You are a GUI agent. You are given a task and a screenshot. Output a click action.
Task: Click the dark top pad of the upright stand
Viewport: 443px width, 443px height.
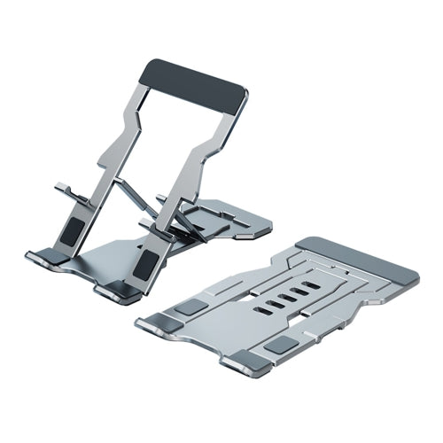tap(196, 83)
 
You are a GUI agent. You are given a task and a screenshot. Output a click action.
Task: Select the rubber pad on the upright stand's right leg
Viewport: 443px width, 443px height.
tap(150, 265)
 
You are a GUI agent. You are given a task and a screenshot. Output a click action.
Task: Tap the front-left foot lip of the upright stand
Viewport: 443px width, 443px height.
tap(41, 259)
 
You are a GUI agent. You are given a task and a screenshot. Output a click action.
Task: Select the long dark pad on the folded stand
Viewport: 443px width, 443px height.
tap(358, 262)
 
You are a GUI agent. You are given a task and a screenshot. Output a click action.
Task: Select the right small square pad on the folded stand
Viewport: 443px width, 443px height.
tap(284, 346)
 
